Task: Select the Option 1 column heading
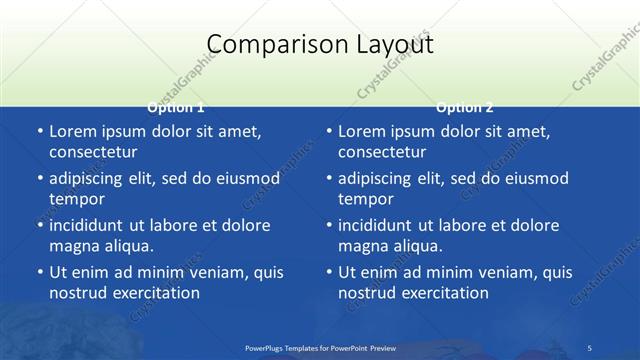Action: point(176,107)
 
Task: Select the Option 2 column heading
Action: point(465,107)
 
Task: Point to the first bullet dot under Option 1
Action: point(39,132)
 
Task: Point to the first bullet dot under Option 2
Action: point(328,132)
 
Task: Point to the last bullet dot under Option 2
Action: point(328,272)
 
